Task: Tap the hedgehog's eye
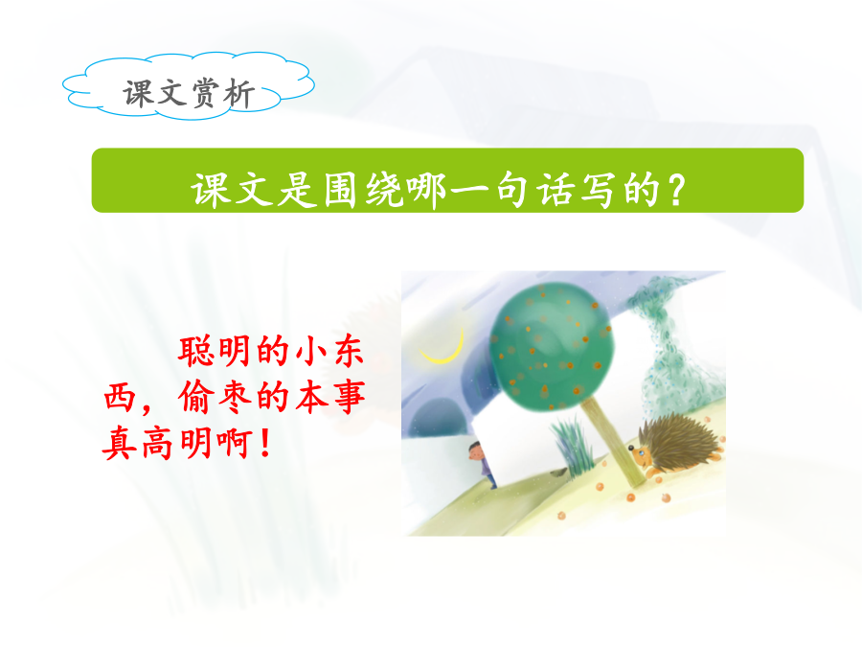(x=642, y=451)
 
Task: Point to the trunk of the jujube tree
(x=613, y=441)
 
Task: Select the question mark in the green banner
(x=675, y=191)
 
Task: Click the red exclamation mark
(x=265, y=444)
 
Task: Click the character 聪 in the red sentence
(x=195, y=351)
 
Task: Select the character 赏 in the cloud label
(x=206, y=93)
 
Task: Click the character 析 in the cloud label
(x=239, y=93)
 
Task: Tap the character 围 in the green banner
(x=339, y=191)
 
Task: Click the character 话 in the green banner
(x=555, y=191)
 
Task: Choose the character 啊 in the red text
(x=235, y=444)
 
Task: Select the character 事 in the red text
(x=348, y=397)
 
